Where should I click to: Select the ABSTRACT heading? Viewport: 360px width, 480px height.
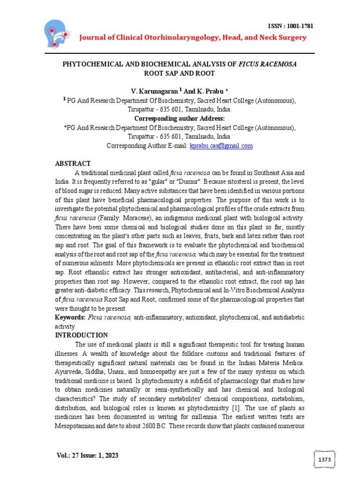pos(73,163)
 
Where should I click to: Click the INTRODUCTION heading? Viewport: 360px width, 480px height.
pos(82,335)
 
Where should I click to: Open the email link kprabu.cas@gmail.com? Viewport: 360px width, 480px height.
pos(221,146)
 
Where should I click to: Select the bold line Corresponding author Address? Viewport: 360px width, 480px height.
pos(180,119)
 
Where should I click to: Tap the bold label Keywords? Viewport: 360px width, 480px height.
pos(70,318)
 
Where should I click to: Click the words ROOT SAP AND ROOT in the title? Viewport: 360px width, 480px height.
pos(180,74)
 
